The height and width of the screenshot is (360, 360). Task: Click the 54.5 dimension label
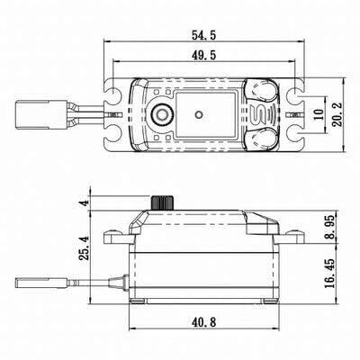tap(203, 35)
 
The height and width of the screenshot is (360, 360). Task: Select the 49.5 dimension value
tap(203, 56)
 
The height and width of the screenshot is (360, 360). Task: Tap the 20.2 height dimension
tap(337, 114)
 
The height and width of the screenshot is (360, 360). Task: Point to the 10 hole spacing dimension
tap(319, 114)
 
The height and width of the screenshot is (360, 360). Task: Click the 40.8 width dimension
tap(203, 322)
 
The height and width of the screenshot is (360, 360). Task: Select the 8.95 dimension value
tap(330, 227)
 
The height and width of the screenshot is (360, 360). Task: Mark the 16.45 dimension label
tap(330, 274)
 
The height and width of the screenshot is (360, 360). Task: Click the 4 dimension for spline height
tap(85, 202)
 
